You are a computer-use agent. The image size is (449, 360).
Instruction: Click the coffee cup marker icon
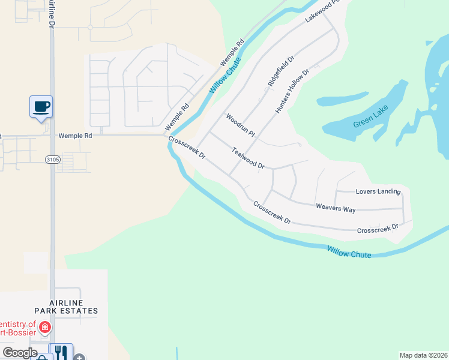coord(41,107)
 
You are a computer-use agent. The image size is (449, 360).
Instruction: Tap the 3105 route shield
coord(52,159)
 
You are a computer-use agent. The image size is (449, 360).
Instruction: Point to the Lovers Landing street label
coord(378,191)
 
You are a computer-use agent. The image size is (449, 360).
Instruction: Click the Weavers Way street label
coord(336,208)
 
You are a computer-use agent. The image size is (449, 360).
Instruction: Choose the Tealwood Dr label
coord(249,158)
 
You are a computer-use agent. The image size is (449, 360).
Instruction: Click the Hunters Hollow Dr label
coord(292,91)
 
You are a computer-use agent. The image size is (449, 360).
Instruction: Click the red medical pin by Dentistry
coord(44,328)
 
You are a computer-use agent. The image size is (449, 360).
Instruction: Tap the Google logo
coord(20,353)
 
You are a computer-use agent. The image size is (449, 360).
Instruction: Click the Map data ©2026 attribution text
coord(423,355)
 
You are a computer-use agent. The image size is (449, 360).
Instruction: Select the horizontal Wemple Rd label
coord(75,136)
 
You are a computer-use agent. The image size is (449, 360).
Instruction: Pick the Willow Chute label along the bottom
coord(349,251)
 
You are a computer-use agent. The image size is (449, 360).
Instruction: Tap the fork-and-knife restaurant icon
coord(61,352)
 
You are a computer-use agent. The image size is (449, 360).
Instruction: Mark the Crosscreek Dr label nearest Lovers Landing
coord(378,229)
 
